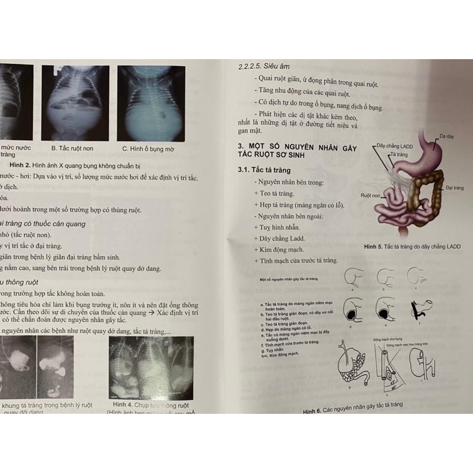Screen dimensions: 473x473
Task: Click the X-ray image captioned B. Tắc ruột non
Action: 75,103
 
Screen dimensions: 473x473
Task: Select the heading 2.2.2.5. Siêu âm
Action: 264,67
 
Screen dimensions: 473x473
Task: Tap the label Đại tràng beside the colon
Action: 455,188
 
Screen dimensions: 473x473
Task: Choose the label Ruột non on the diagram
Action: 370,195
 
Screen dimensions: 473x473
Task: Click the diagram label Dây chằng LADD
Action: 394,146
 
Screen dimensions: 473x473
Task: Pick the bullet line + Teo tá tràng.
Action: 273,194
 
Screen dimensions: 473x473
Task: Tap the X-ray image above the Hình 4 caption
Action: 151,368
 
